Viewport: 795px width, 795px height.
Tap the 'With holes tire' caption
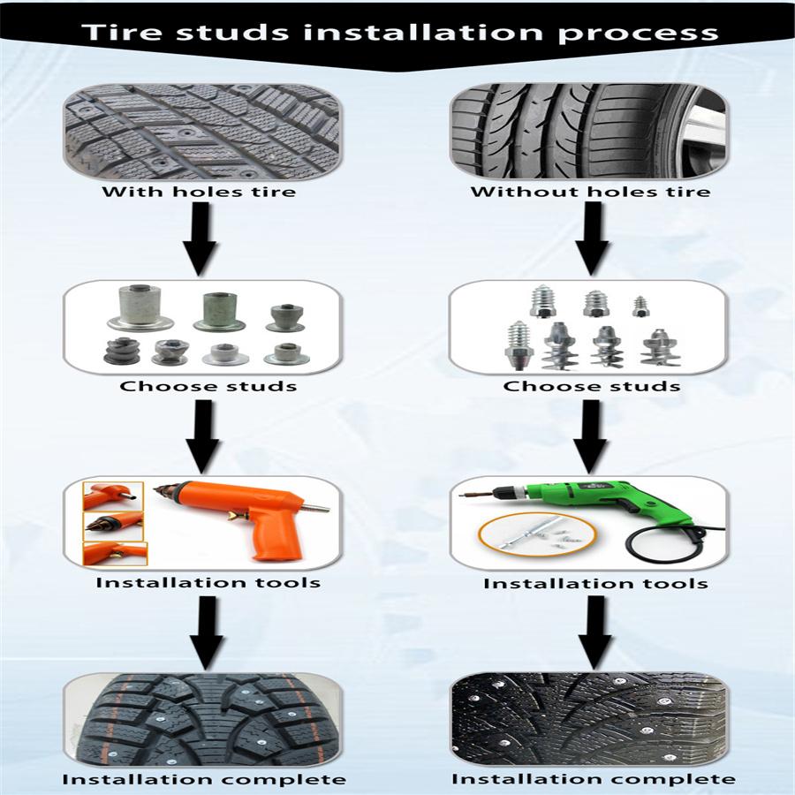199,192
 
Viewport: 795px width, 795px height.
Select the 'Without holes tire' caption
590,192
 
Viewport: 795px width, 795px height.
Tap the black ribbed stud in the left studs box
119,351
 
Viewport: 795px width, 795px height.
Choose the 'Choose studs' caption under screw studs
591,386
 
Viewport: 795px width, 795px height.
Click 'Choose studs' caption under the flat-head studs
208,386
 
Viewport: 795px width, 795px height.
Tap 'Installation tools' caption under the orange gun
208,582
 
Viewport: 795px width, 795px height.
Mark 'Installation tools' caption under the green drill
595,583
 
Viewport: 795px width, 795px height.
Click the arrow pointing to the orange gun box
202,435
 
